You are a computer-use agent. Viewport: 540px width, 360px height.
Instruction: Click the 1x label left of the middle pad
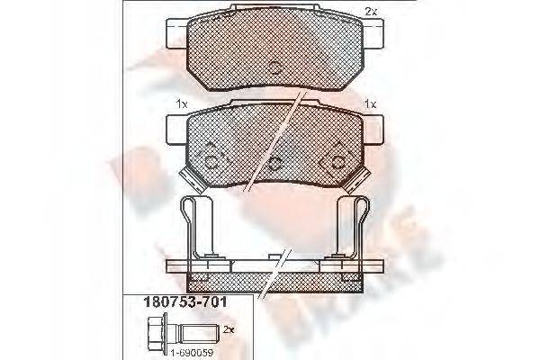click(x=181, y=104)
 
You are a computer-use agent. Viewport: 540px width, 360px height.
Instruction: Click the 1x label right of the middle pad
click(x=369, y=104)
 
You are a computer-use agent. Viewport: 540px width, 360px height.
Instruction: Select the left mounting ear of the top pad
click(x=176, y=36)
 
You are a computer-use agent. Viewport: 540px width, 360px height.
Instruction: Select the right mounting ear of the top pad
click(x=372, y=36)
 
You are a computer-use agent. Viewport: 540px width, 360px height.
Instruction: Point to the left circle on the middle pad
click(x=213, y=163)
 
